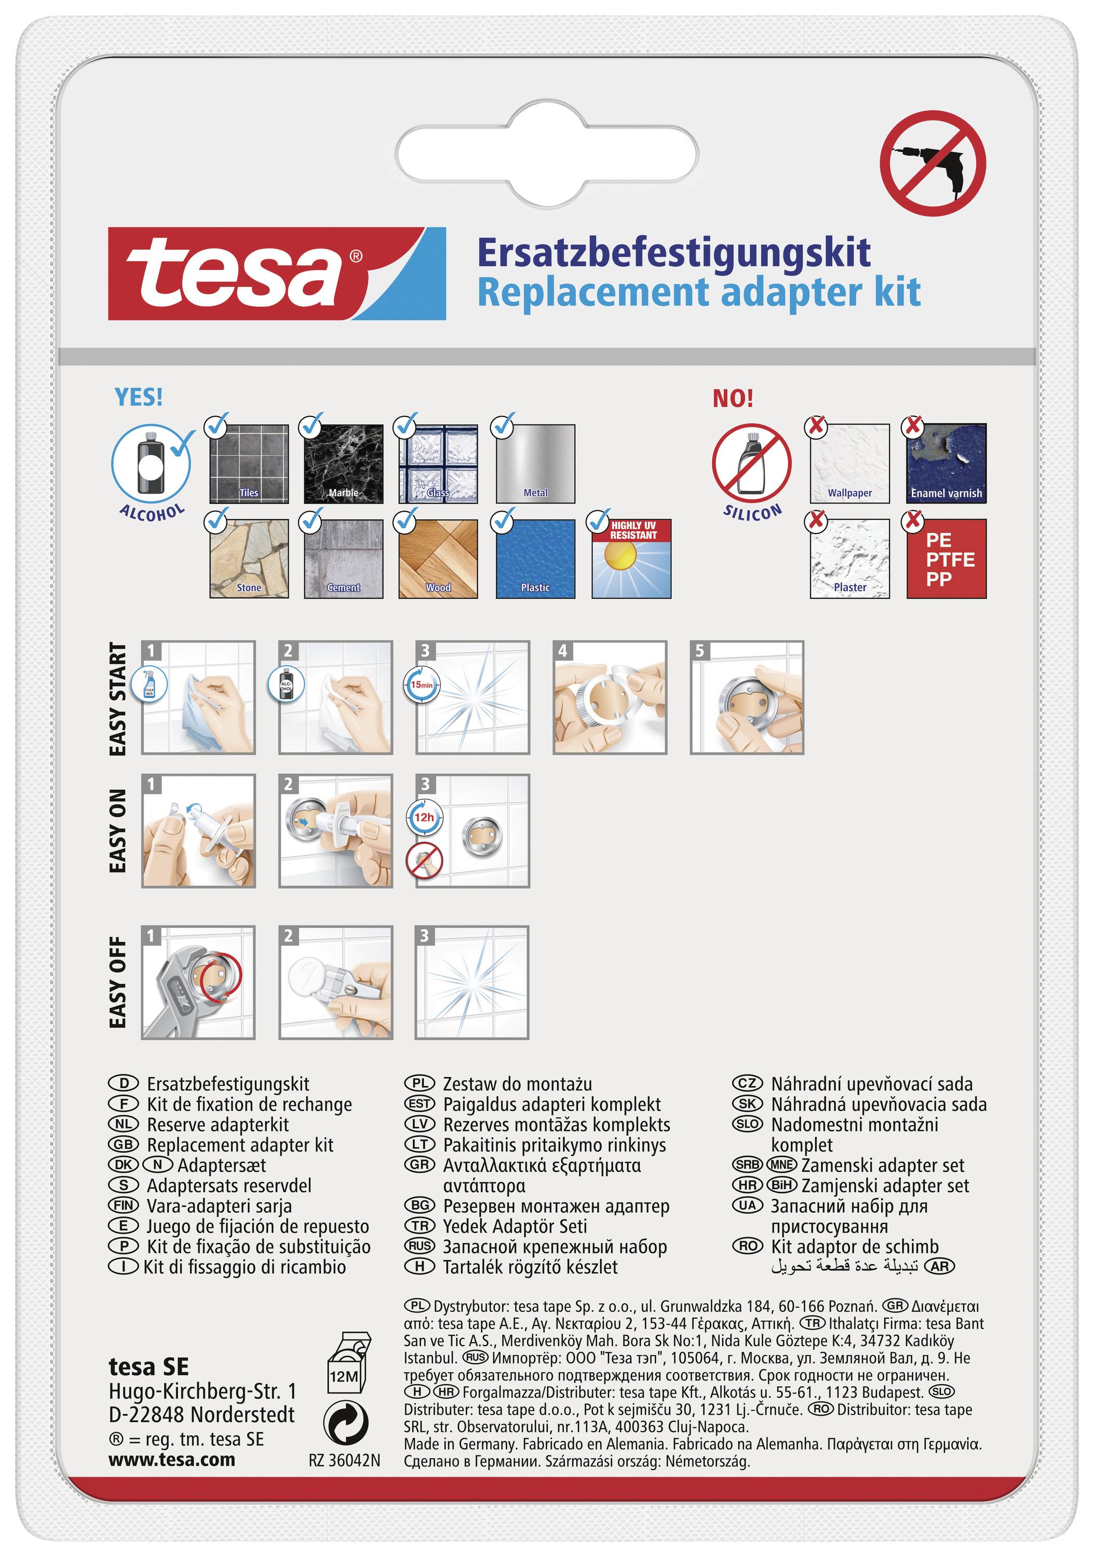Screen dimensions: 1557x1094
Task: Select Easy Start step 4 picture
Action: coord(610,697)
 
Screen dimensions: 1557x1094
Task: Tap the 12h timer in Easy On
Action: coord(424,817)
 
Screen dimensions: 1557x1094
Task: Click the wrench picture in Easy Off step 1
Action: coord(198,982)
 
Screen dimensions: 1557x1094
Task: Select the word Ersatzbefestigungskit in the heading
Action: coord(673,252)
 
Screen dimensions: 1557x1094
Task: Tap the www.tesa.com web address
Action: coord(171,1459)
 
